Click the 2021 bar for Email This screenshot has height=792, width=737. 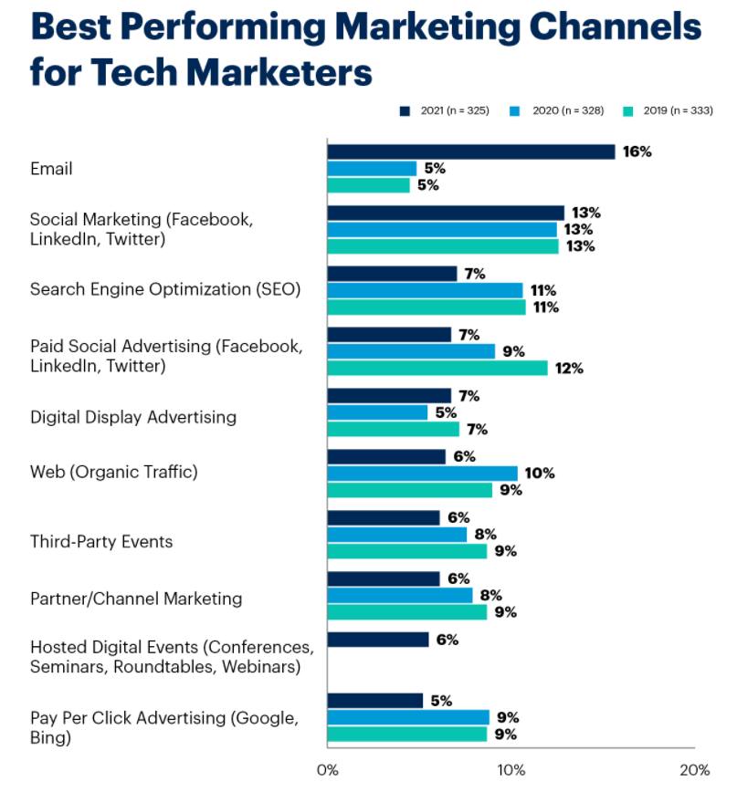[x=470, y=151]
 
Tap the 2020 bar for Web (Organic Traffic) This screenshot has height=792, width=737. [x=422, y=473]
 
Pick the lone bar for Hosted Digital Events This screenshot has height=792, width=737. [x=377, y=640]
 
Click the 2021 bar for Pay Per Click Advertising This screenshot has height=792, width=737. [x=374, y=701]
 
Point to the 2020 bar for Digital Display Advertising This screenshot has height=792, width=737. [x=377, y=412]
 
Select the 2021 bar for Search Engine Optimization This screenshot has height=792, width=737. [x=392, y=274]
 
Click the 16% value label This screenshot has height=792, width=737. [x=637, y=151]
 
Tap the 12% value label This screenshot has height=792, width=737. [x=568, y=369]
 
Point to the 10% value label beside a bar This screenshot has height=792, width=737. [x=539, y=473]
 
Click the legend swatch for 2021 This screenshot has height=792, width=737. [x=404, y=110]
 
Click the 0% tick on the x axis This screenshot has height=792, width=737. [x=327, y=768]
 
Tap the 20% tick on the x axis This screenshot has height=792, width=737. [x=694, y=768]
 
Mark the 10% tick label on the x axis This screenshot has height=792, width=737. [x=510, y=768]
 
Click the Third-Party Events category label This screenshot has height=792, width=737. [x=101, y=542]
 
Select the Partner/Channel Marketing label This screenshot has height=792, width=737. [x=136, y=599]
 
